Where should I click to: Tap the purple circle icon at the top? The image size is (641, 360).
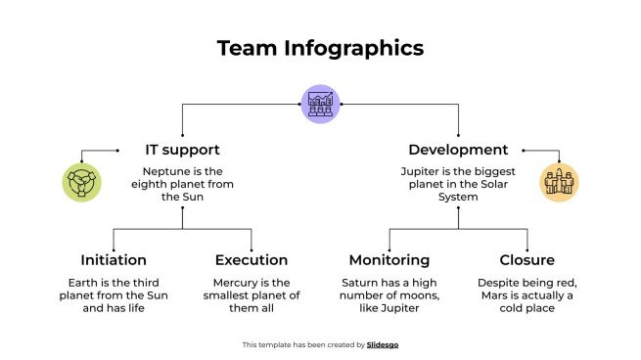pos(320,103)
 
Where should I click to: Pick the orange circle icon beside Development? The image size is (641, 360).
pos(560,183)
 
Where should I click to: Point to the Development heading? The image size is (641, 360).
pos(458,151)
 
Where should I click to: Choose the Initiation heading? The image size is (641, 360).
pos(114,260)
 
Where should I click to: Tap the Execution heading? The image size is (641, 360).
pos(252,260)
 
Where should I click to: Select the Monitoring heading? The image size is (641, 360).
pos(389,260)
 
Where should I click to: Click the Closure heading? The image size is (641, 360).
pos(527,260)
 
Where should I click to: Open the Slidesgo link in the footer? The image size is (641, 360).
pos(384,344)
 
